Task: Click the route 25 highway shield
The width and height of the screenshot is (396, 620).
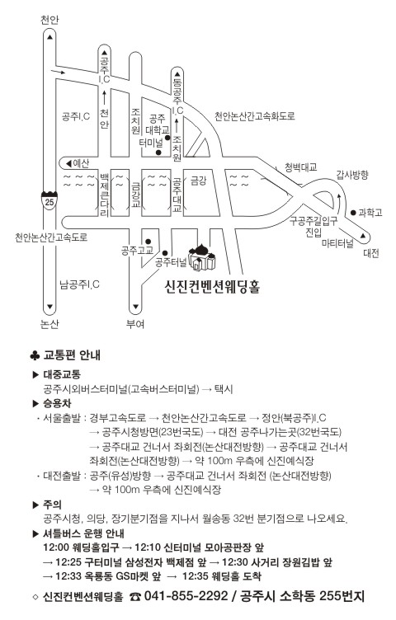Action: tap(49, 200)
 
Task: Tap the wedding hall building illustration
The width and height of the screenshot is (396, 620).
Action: tap(202, 257)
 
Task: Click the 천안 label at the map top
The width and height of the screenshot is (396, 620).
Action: tap(49, 20)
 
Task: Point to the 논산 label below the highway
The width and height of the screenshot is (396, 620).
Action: tap(49, 324)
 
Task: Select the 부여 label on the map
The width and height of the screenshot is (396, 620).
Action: tap(135, 324)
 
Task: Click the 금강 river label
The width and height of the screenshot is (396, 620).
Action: tap(199, 181)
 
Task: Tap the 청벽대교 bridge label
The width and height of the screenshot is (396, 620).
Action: tap(301, 167)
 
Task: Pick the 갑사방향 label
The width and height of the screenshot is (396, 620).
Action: tap(352, 174)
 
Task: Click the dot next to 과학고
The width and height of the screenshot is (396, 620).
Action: tap(353, 213)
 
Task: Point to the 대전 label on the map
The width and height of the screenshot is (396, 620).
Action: tap(371, 253)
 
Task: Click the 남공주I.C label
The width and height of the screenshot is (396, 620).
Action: tap(79, 284)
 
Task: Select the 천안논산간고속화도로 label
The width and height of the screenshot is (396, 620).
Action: tap(255, 116)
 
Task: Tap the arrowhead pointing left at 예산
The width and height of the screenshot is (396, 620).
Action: tap(68, 163)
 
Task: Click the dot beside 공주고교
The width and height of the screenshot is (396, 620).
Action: tap(148, 242)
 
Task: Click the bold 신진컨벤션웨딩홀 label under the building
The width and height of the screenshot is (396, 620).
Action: tap(212, 286)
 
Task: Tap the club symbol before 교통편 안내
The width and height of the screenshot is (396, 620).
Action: tap(35, 355)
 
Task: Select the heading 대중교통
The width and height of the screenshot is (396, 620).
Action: tap(62, 374)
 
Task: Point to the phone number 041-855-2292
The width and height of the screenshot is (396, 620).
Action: tap(186, 596)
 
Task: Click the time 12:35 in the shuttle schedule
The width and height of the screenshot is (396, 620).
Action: tap(195, 576)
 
